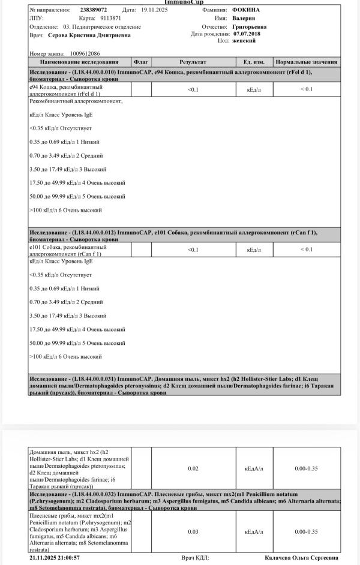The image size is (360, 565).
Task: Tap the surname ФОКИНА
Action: [247, 10]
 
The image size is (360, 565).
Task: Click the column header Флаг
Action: [141, 62]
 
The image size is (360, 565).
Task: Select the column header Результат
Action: [193, 62]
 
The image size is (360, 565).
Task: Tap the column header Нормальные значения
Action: [306, 62]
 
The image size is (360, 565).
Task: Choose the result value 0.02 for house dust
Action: [193, 469]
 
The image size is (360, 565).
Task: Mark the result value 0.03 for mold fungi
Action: [193, 532]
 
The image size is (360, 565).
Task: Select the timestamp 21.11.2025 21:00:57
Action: [55, 558]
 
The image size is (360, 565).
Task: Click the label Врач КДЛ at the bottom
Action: [195, 558]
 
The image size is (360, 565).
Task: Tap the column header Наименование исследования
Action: [79, 62]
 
